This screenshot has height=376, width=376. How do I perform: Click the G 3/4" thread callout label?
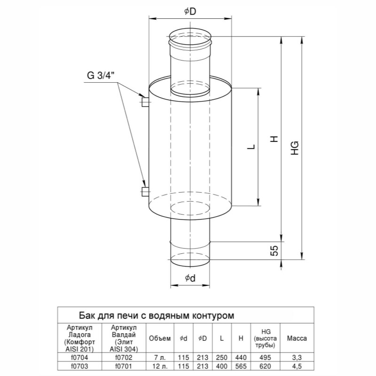coord(101,75)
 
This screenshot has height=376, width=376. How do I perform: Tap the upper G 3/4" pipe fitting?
coord(145,102)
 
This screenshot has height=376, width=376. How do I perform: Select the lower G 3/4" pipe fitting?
coord(145,192)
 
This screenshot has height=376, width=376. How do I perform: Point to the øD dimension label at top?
coord(190,11)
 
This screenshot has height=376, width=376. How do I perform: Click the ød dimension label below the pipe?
coord(190,278)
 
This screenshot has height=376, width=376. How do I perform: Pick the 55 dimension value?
coord(275,251)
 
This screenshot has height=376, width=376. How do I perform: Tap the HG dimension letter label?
coord(295,148)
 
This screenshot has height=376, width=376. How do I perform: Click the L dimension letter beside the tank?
coord(251,147)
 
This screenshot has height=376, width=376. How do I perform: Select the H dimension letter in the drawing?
coord(274,139)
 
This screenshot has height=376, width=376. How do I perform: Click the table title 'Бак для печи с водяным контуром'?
coord(157,315)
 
